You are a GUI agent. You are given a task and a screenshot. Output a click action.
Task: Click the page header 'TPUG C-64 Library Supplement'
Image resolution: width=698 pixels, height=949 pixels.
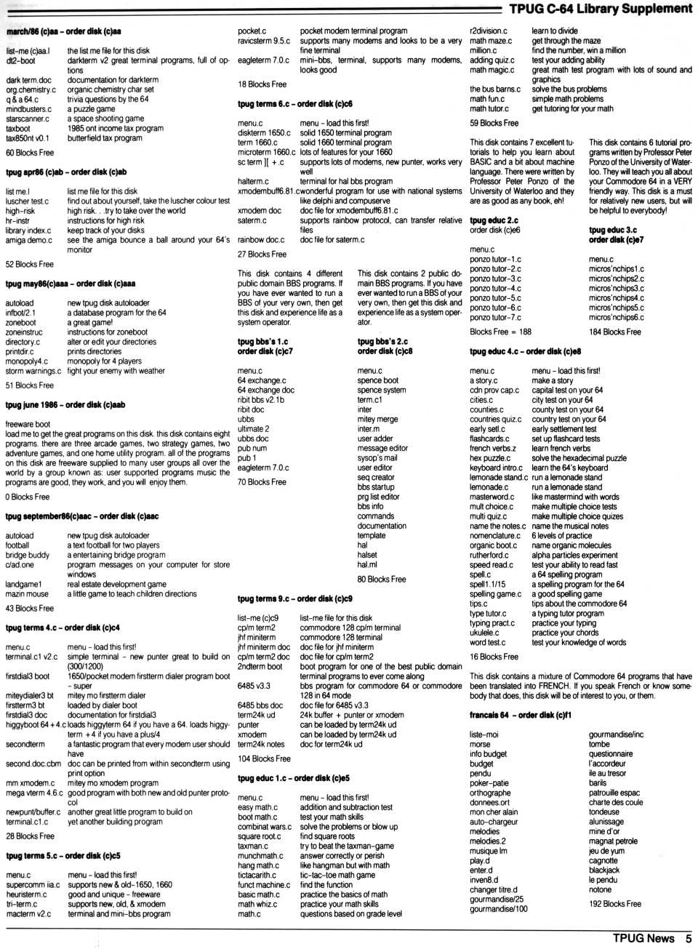click(600, 9)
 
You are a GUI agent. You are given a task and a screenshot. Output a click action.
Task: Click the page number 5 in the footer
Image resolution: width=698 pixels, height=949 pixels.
click(687, 938)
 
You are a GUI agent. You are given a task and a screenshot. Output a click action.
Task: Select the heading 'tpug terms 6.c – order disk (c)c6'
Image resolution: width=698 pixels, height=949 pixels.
click(294, 104)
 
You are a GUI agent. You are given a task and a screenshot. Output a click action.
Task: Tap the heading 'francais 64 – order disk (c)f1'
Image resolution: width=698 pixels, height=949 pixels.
click(520, 715)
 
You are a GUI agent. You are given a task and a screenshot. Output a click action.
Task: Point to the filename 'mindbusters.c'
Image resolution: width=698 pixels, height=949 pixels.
click(29, 109)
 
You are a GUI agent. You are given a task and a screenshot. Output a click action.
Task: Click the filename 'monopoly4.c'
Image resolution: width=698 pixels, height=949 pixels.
click(27, 361)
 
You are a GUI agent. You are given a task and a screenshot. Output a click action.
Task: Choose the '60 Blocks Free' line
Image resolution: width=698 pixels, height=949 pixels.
click(30, 153)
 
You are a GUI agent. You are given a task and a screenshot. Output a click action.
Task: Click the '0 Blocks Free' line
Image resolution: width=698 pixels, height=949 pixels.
click(28, 497)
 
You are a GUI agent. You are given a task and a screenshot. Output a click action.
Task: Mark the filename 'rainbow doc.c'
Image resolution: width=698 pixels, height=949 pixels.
click(261, 240)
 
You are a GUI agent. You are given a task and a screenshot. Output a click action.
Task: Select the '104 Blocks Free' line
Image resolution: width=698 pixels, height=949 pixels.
click(264, 758)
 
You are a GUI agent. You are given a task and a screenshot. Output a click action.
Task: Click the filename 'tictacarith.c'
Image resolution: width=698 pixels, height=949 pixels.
click(257, 875)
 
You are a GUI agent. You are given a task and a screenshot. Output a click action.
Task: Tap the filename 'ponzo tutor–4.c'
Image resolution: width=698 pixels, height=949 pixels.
click(495, 289)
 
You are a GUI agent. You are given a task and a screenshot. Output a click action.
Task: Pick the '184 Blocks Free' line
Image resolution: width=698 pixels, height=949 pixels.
click(614, 332)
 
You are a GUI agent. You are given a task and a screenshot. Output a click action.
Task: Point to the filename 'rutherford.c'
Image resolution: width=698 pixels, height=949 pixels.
click(489, 555)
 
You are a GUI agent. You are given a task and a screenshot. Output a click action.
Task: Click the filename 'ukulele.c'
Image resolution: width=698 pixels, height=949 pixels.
click(484, 633)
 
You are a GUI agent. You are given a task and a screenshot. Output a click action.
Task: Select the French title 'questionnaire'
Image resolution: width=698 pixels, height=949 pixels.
click(611, 754)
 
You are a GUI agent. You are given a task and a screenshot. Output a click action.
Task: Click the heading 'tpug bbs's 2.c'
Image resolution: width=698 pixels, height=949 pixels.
click(382, 341)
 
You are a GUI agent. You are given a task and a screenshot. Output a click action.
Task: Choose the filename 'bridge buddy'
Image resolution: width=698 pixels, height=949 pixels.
click(28, 555)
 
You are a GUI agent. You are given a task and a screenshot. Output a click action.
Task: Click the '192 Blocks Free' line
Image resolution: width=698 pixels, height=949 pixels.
click(614, 904)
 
